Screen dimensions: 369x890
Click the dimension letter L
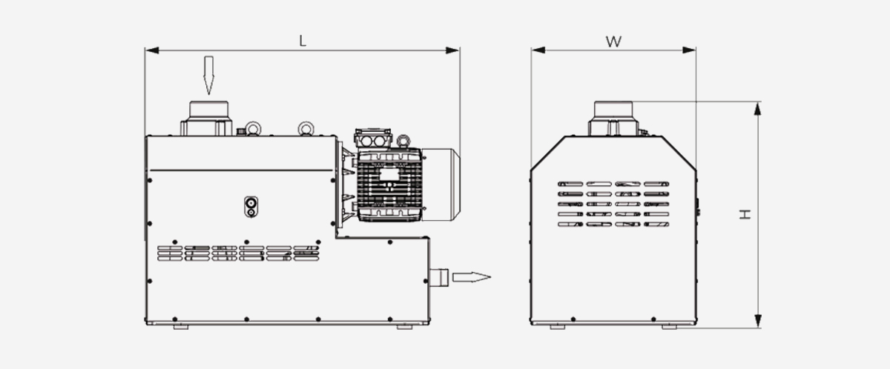point(303,41)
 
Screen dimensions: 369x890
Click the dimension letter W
point(613,41)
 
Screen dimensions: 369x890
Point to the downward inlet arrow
point(208,76)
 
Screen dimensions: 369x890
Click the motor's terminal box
point(374,139)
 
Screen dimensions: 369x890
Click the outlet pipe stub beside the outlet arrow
point(440,278)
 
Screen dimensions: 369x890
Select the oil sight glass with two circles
point(251,206)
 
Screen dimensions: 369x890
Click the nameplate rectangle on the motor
point(388,176)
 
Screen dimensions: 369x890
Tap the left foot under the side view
point(181,325)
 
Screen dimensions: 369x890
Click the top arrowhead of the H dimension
point(758,108)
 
